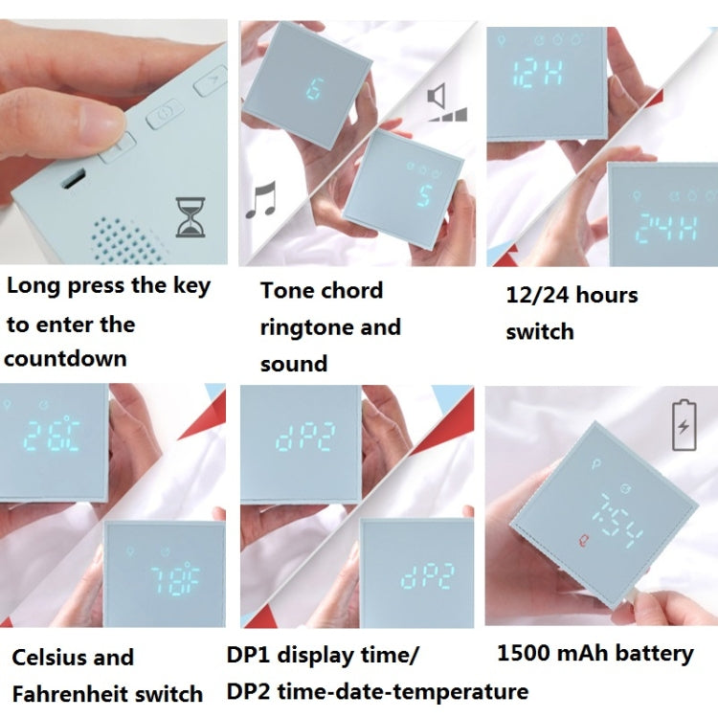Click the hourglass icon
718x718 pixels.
click(x=191, y=217)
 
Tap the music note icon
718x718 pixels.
click(x=261, y=199)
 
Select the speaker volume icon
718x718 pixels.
click(x=446, y=102)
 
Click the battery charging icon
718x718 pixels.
click(x=684, y=425)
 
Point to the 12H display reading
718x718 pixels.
click(x=537, y=74)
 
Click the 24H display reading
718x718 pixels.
click(x=668, y=226)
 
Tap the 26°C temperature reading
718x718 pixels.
click(x=52, y=434)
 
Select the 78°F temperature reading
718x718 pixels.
click(x=175, y=581)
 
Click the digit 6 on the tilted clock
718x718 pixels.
click(x=315, y=88)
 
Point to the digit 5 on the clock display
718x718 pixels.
click(x=424, y=195)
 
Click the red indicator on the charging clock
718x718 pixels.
click(x=584, y=541)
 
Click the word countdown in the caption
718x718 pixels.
click(x=65, y=358)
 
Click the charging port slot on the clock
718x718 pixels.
click(x=74, y=178)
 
